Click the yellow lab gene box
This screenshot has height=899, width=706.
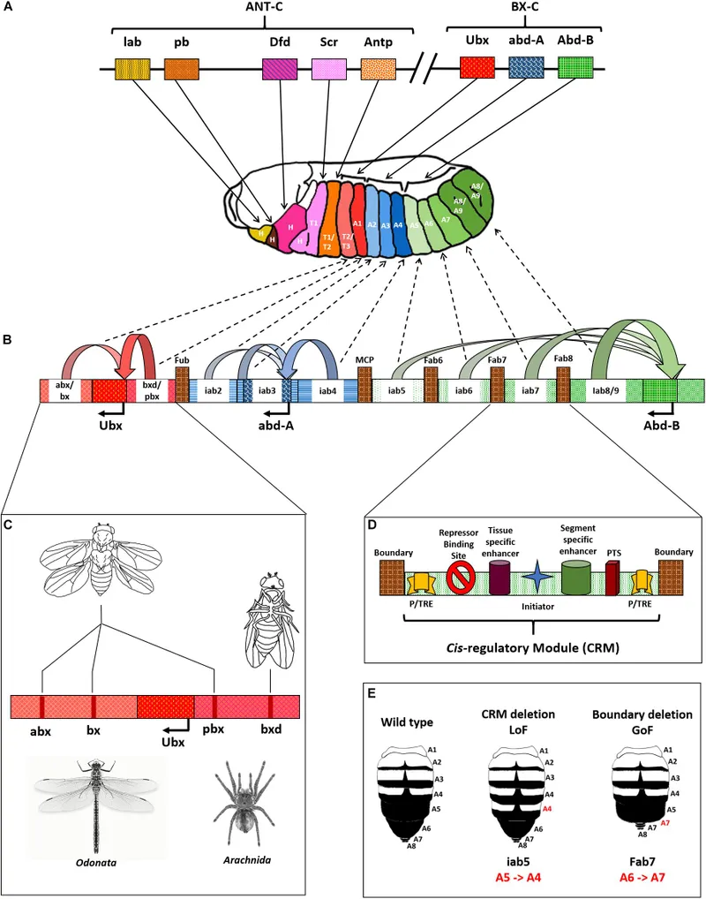[132, 70]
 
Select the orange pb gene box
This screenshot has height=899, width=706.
[181, 70]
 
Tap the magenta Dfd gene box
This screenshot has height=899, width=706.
[280, 70]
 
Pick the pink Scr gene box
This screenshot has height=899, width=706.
[330, 70]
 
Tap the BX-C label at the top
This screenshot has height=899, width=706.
[526, 8]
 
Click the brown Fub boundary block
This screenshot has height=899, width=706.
[183, 385]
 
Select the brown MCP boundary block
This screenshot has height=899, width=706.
[364, 385]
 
